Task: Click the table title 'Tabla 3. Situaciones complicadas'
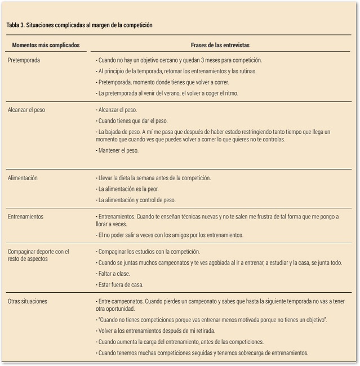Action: coord(79,25)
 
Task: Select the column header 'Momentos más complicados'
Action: coord(46,45)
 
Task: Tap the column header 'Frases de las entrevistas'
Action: coord(220,45)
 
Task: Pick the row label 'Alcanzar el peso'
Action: coord(26,110)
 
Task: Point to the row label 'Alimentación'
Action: coord(23,178)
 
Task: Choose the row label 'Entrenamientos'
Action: coord(25,216)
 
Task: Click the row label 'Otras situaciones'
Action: coord(28,301)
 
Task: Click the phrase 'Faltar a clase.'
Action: coord(115,274)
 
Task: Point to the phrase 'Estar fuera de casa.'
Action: coord(120,285)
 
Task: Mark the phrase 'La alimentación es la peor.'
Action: coord(128,189)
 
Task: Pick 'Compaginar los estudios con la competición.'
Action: coord(149,252)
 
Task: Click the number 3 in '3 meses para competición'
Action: coord(205,60)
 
